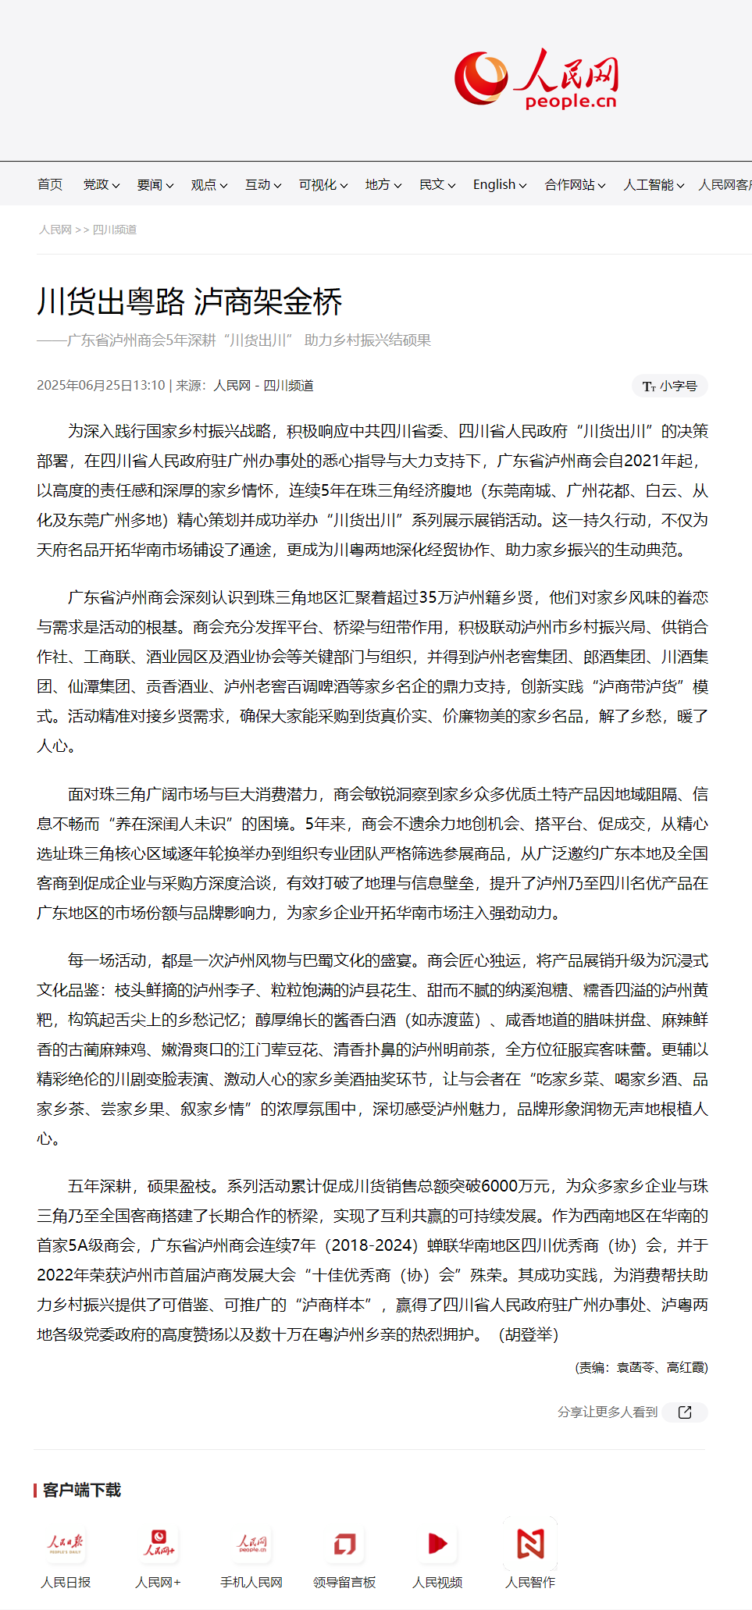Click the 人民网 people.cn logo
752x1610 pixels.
[536, 79]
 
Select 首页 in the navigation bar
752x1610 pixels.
[50, 184]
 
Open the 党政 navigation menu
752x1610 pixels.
[101, 184]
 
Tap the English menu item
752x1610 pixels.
[499, 184]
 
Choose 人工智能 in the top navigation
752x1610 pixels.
[653, 184]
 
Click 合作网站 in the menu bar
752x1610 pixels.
[574, 184]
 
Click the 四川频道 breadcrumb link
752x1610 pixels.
[115, 230]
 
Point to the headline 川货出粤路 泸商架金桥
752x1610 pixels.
[190, 301]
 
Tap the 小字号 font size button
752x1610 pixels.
[670, 386]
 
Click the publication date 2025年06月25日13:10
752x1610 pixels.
[101, 386]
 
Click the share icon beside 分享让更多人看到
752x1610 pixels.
[685, 1412]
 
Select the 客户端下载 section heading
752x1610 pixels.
[81, 1491]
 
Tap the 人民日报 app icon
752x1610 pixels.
[66, 1544]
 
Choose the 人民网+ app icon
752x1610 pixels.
[159, 1544]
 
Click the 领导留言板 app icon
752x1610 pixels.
[344, 1544]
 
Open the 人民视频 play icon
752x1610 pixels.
[437, 1544]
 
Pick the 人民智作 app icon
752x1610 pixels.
[530, 1544]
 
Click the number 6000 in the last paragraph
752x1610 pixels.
[500, 1186]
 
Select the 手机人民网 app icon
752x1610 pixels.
[251, 1544]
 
